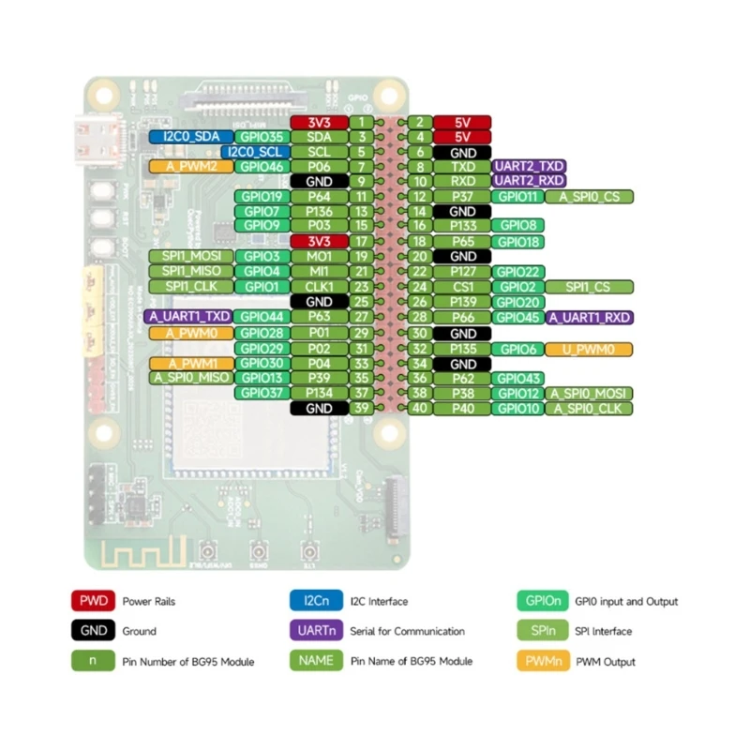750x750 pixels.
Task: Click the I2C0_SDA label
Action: [190, 137]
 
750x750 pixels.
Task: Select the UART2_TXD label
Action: [529, 166]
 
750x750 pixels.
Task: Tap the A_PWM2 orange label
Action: [190, 166]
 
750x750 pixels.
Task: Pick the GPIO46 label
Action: [262, 166]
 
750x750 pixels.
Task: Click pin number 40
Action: [421, 408]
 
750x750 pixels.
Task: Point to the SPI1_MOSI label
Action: [190, 256]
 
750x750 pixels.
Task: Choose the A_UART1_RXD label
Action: [590, 318]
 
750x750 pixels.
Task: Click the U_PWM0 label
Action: [590, 349]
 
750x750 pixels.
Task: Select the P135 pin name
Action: [463, 349]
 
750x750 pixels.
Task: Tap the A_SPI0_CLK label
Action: [590, 408]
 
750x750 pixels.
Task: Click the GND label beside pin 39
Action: [320, 408]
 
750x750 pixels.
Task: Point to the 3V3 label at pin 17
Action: [320, 241]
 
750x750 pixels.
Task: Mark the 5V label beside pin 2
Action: [463, 122]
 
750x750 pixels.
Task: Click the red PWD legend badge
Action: [92, 601]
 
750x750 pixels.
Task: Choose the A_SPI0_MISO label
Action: [190, 378]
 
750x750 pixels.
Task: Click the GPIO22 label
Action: [518, 272]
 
